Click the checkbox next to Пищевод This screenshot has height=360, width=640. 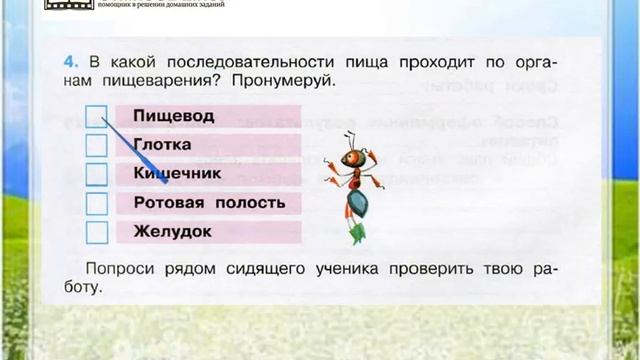click(96, 117)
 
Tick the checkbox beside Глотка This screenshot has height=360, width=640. click(96, 146)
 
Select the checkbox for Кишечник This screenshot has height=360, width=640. click(96, 175)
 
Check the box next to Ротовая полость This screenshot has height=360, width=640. click(96, 204)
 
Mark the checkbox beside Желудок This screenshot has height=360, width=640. click(96, 232)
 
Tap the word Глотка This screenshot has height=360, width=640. click(162, 145)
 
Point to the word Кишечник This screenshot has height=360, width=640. click(177, 174)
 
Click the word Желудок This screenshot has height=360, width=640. click(172, 232)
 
